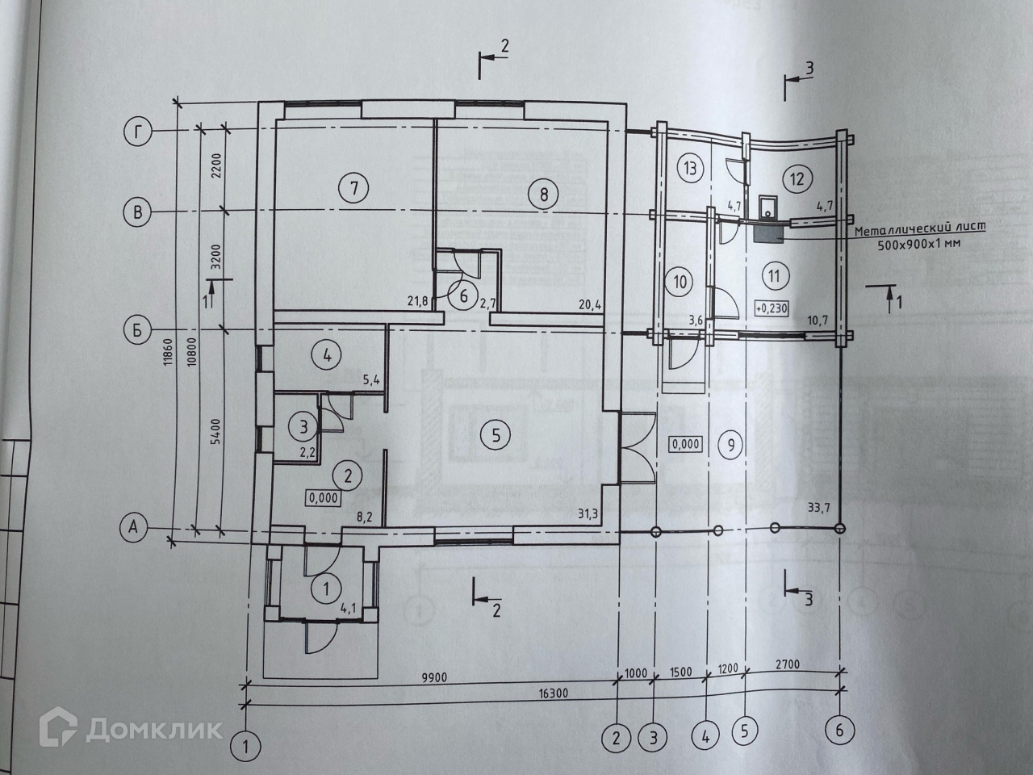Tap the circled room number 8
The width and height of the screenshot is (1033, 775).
pos(543,194)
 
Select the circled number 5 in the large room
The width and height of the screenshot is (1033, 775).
pos(495,435)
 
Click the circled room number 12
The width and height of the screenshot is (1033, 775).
pos(797,179)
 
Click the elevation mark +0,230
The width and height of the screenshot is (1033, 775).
pos(772,308)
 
